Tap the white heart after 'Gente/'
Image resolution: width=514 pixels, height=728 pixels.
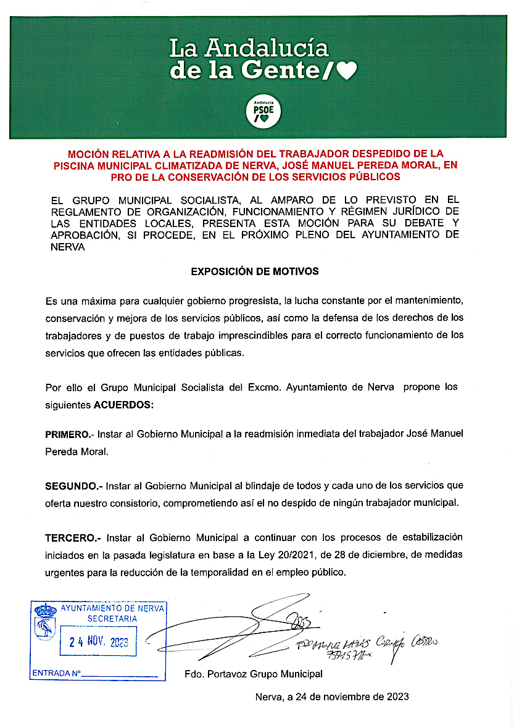[x=347, y=72]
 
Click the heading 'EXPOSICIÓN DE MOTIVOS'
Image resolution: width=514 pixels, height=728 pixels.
[x=255, y=271]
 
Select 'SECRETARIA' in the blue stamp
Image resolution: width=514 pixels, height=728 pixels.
[x=112, y=619]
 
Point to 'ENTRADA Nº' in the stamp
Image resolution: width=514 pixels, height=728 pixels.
[x=56, y=673]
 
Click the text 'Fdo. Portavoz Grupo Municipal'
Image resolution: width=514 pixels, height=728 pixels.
[x=254, y=674]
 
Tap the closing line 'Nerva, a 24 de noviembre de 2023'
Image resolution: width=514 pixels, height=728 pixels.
[x=332, y=697]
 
